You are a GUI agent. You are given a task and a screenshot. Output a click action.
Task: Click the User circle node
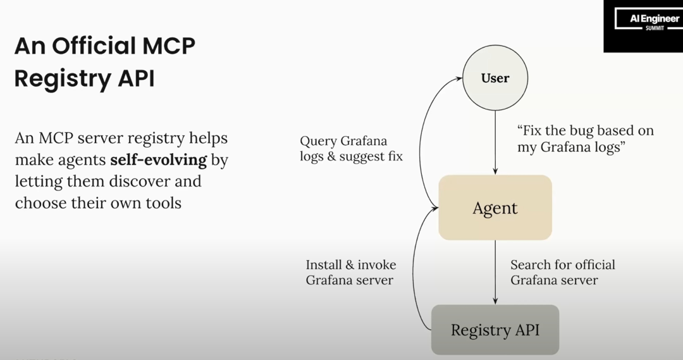tap(495, 78)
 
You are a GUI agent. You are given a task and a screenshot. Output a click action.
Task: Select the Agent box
tap(495, 208)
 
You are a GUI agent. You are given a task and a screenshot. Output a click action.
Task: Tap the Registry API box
tap(495, 330)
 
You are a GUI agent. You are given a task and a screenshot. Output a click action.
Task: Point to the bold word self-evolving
tap(158, 159)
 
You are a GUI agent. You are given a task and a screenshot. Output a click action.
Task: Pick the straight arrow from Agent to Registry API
tap(495, 272)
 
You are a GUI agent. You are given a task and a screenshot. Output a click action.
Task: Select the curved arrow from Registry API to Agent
tap(415, 272)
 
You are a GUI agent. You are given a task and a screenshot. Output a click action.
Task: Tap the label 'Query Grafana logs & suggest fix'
tap(351, 148)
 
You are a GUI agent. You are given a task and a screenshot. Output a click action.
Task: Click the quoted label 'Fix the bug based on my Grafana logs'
tap(585, 139)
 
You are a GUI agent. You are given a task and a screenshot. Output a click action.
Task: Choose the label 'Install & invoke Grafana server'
tap(351, 272)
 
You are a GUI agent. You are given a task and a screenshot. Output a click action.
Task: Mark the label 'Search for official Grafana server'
tap(562, 272)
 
